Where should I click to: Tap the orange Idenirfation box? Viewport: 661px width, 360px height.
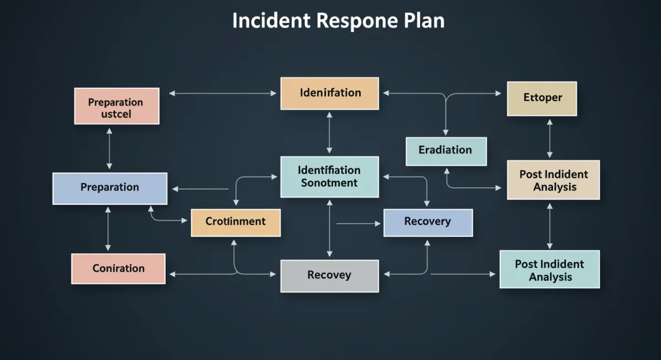[x=329, y=93]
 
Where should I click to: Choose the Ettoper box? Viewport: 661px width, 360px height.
[x=541, y=99]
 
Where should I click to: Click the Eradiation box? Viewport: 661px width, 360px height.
[x=446, y=151]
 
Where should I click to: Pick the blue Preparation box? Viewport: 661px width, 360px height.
[x=110, y=188]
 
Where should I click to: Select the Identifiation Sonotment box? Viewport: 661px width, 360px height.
[x=329, y=177]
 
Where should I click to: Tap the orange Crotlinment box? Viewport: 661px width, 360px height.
[x=235, y=222]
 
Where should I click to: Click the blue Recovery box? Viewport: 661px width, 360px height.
[x=427, y=222]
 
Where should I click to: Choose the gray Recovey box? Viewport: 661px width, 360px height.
[x=329, y=276]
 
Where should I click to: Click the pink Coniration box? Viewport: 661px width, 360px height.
[x=118, y=269]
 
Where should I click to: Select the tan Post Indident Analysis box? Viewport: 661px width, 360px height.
[x=552, y=181]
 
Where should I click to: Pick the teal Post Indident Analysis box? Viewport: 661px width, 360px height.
[x=549, y=270]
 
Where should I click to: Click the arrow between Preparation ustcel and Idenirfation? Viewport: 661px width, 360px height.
[x=223, y=94]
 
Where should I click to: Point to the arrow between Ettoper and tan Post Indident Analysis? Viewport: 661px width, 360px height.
[x=550, y=138]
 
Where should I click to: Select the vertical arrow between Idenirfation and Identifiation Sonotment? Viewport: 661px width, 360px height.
[x=329, y=133]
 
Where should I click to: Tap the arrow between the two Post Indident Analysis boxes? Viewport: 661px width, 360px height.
[x=550, y=225]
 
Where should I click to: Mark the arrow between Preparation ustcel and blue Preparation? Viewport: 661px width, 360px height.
[x=109, y=148]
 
